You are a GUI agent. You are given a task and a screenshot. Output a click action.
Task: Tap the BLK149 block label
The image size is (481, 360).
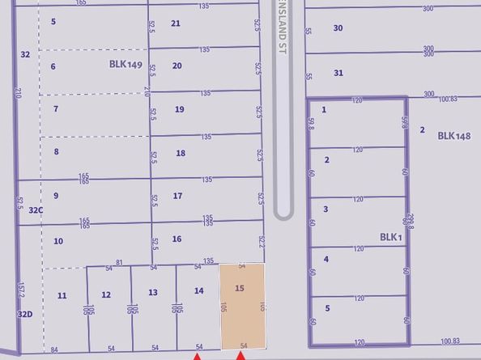tap(126, 64)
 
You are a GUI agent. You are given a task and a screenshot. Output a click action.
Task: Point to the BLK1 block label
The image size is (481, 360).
tap(391, 237)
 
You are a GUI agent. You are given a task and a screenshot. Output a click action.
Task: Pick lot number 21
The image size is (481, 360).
tap(176, 23)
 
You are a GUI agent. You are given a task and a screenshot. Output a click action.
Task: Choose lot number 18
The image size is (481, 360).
tap(181, 153)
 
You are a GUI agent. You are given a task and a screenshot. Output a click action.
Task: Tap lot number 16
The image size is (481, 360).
tap(177, 239)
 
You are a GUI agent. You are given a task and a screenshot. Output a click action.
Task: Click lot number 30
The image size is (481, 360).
tap(338, 28)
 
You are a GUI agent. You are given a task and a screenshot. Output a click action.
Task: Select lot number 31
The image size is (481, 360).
tap(338, 73)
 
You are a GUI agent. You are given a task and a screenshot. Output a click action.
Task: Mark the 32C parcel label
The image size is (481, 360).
tap(35, 210)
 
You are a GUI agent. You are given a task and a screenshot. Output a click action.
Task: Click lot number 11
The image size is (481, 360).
tap(62, 295)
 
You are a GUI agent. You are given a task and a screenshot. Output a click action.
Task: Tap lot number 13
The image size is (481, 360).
tap(152, 293)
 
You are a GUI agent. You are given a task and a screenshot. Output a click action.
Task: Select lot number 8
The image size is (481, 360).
tap(57, 151)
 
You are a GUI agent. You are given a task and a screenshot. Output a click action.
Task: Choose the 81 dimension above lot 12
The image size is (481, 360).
tap(119, 262)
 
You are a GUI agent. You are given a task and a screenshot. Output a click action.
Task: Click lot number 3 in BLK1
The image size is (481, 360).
tap(325, 209)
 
